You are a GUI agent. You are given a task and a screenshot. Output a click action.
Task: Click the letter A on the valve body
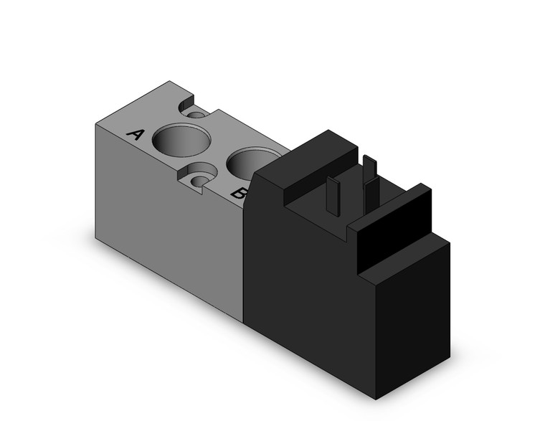(x=135, y=134)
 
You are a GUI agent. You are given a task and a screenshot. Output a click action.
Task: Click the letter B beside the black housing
(x=240, y=192)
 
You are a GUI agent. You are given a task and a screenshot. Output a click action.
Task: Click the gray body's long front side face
(x=172, y=237)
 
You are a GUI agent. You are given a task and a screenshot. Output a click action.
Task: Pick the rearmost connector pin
(x=369, y=169)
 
